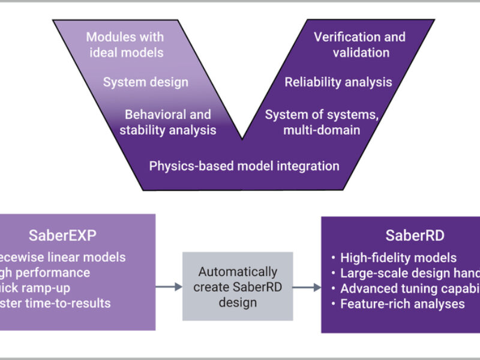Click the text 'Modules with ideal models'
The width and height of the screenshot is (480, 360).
[125, 44]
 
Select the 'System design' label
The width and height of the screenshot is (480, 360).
[145, 82]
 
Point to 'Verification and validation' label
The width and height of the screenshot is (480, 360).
[359, 44]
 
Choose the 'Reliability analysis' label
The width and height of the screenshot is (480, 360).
[338, 82]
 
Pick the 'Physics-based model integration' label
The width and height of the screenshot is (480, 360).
[244, 165]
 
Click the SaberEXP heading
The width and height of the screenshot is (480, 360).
[62, 235]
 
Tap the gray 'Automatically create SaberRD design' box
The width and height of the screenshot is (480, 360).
[238, 286]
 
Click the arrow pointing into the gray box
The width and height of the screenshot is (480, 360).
[169, 287]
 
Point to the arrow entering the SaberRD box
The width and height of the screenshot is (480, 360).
[307, 287]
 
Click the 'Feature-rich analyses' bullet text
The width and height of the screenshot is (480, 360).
[402, 304]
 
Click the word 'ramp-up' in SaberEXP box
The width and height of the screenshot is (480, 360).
[49, 288]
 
